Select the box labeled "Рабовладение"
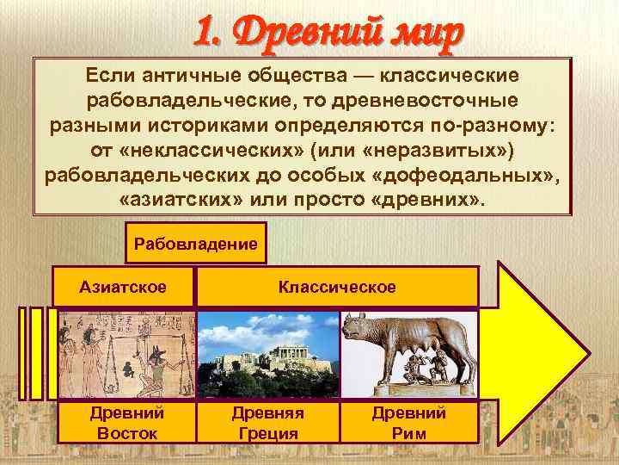(196, 244)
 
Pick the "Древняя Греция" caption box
(267, 422)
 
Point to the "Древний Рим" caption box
(408, 422)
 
